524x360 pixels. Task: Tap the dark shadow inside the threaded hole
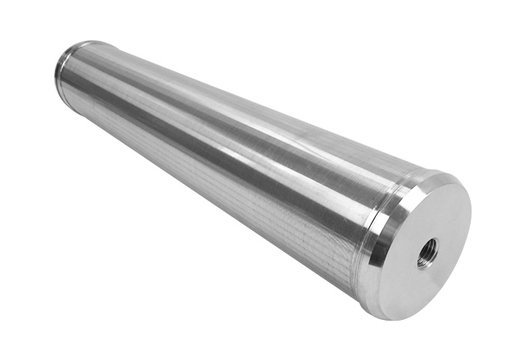427,256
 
